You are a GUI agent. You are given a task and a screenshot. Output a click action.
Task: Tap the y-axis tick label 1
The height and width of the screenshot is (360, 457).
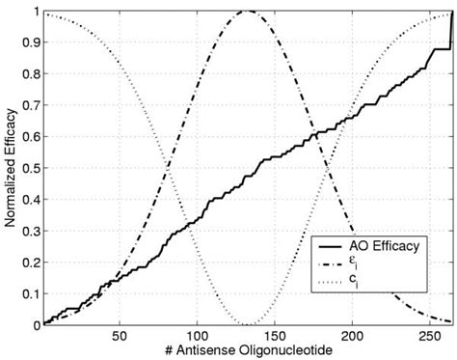point(35,12)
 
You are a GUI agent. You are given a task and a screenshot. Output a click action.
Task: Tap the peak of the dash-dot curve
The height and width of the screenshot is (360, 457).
point(247,12)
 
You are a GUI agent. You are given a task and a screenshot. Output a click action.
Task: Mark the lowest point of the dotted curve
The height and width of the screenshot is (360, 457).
point(247,324)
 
